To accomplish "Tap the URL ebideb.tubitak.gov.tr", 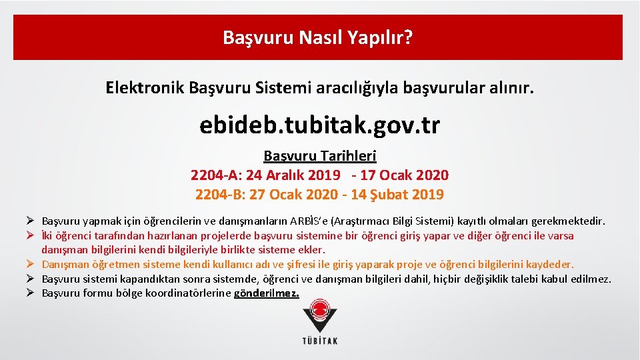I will (x=319, y=125).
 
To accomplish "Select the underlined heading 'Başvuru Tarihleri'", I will (x=320, y=156).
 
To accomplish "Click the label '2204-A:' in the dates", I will (x=216, y=175).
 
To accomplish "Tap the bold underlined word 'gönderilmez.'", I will (x=267, y=293).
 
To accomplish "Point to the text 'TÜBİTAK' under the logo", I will (x=320, y=341).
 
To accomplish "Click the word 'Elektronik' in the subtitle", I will (x=145, y=87).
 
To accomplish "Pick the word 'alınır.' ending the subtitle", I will (x=511, y=87).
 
